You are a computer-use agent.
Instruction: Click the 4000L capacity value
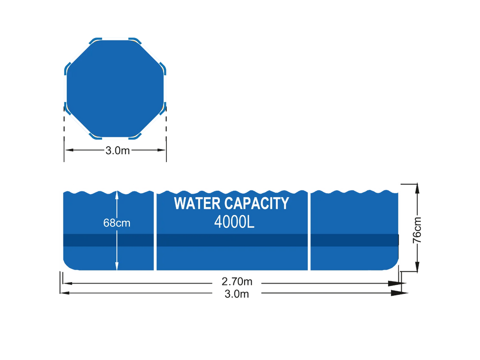tap(234, 222)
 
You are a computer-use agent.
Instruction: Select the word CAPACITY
tap(257, 203)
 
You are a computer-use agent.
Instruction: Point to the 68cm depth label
tap(117, 223)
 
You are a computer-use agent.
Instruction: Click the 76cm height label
tap(417, 230)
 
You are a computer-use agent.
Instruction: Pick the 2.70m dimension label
tap(237, 281)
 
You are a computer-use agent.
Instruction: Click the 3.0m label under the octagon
tap(118, 150)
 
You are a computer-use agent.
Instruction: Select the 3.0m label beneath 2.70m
tap(237, 294)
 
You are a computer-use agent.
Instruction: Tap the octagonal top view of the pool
tap(115, 89)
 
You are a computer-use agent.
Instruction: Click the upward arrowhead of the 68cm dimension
tap(117, 195)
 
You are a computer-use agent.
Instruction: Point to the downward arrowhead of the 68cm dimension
tap(117, 266)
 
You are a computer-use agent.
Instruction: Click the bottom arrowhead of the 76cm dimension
tap(417, 267)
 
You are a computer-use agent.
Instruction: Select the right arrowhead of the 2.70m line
tap(395, 284)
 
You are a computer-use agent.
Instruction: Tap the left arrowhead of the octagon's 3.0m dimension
tap(69, 150)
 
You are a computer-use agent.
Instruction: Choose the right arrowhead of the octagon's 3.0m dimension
tap(161, 150)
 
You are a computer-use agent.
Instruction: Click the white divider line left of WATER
tap(155, 231)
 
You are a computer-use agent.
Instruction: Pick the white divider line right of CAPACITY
tap(309, 231)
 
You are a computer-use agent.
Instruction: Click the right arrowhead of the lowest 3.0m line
tap(399, 293)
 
